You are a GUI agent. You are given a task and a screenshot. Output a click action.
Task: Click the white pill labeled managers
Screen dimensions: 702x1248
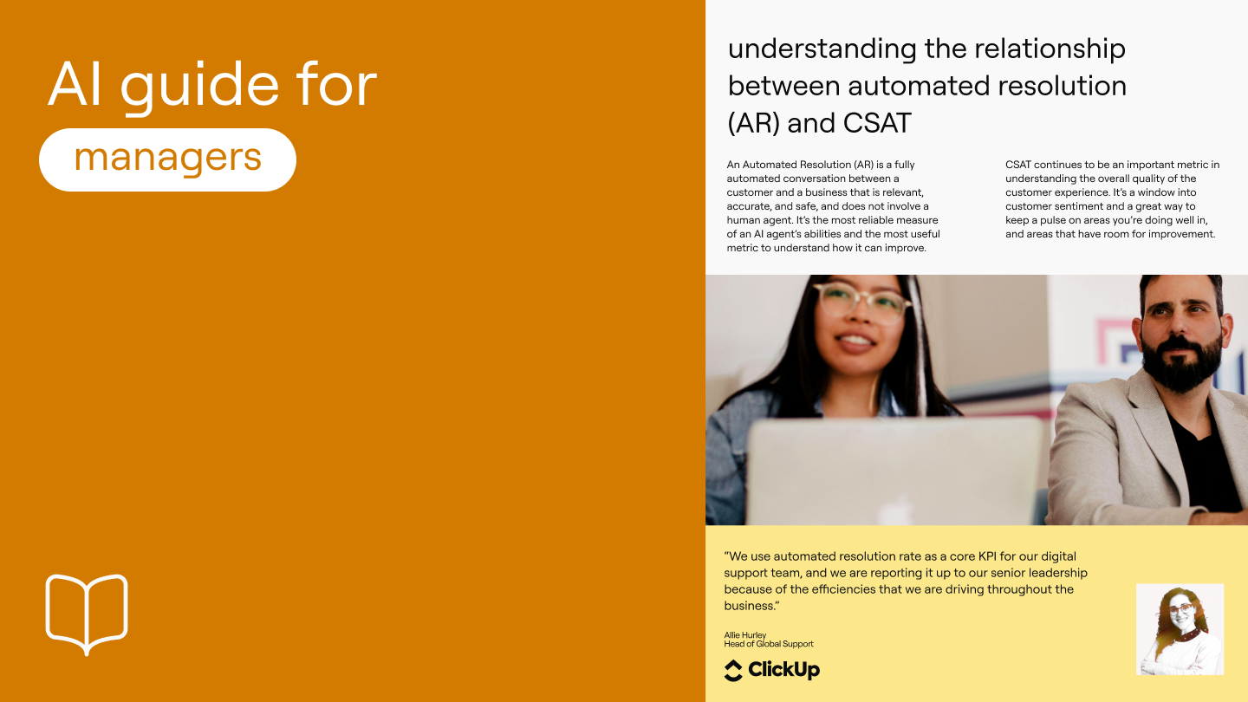pyautogui.click(x=167, y=159)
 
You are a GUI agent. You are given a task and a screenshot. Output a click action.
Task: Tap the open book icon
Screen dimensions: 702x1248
pyautogui.click(x=87, y=614)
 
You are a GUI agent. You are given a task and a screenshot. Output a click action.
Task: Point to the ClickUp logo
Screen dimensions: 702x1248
pyautogui.click(x=771, y=670)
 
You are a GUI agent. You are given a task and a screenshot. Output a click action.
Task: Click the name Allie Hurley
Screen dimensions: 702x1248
pyautogui.click(x=745, y=635)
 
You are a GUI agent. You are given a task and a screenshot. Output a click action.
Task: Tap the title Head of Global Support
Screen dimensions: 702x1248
pyautogui.click(x=769, y=644)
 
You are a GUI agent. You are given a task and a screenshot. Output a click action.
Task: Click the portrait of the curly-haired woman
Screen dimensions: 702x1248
pyautogui.click(x=1180, y=629)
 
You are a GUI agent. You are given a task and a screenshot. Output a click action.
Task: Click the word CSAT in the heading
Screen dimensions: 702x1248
pyautogui.click(x=877, y=123)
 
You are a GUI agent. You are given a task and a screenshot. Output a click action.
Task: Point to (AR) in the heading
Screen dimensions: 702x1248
pyautogui.click(x=753, y=123)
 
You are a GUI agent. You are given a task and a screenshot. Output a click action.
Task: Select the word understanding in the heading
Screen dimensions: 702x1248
pyautogui.click(x=822, y=49)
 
